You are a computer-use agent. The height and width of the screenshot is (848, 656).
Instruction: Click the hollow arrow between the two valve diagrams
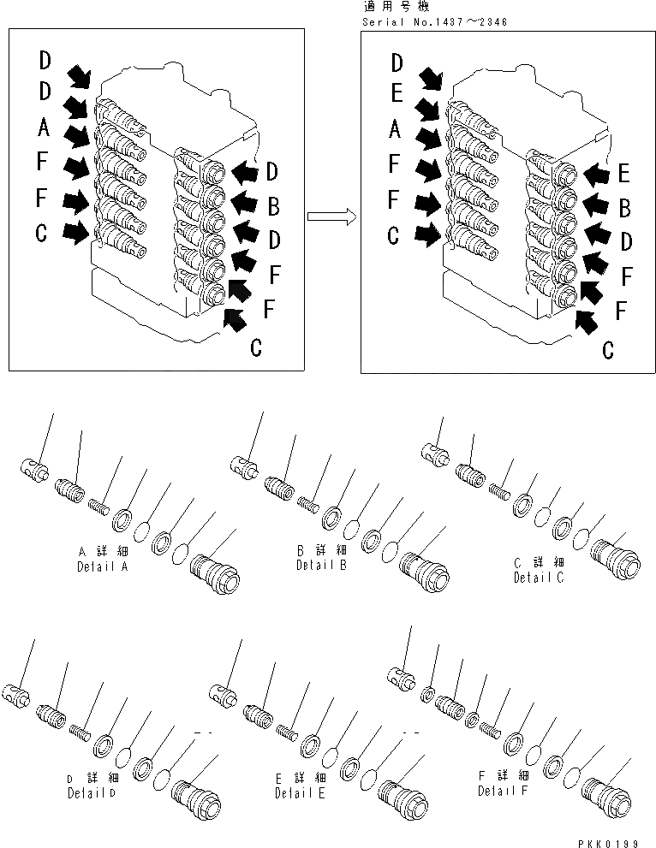331,217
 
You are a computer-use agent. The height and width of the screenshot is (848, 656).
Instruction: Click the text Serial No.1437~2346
435,21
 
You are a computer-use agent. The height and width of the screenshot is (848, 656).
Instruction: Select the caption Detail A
104,566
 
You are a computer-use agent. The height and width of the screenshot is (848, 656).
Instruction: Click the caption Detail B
321,565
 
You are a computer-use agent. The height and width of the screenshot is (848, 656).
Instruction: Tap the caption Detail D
93,792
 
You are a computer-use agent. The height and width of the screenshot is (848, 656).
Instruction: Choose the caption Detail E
301,793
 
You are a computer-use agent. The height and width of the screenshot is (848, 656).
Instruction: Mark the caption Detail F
504,790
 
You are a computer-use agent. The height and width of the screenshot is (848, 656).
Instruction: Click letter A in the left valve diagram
45,129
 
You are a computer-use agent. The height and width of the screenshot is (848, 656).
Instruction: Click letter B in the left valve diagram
273,205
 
